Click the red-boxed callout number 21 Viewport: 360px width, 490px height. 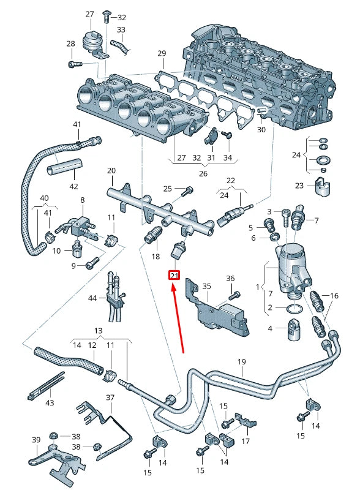point(174,276)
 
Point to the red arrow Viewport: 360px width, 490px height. point(179,318)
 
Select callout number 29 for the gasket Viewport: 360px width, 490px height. point(162,54)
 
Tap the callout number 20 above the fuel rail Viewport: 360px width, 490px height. point(111,170)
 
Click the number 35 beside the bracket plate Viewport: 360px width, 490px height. point(206,285)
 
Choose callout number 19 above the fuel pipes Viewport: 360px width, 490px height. point(242,362)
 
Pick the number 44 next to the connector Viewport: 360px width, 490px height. point(92,298)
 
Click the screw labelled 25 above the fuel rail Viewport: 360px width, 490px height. point(184,192)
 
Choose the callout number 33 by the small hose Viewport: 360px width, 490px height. point(121,29)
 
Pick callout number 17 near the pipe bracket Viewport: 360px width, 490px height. point(245,441)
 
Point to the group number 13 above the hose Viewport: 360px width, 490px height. point(99,331)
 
